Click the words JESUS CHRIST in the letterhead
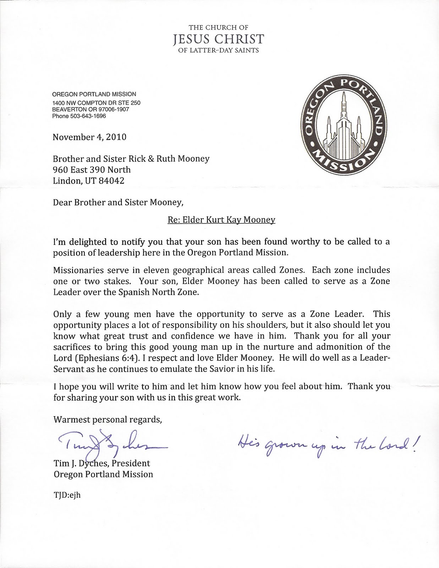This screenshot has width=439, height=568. (x=218, y=39)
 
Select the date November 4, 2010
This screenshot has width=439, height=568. (x=89, y=137)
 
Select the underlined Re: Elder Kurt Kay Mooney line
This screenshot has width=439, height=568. (x=221, y=220)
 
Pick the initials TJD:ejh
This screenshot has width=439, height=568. (x=67, y=495)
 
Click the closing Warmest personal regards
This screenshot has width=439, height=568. (x=108, y=420)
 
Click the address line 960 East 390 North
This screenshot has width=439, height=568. (x=92, y=170)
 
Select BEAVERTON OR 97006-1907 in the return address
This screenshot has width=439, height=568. (x=90, y=110)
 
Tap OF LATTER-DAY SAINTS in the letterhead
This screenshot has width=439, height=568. (x=218, y=50)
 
